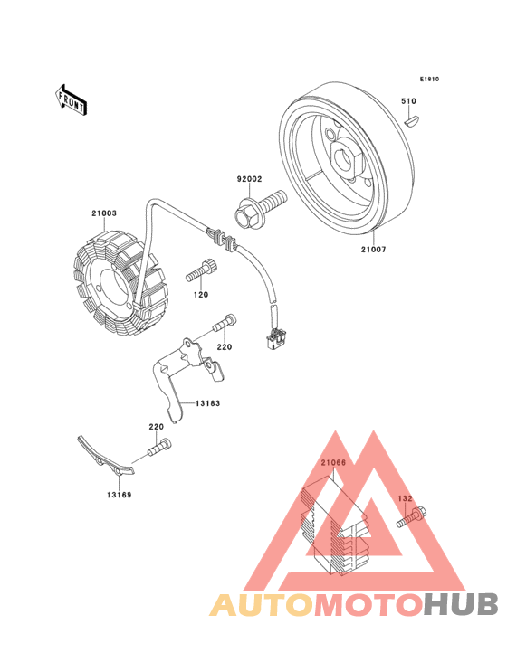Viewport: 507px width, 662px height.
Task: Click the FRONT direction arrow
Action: [x=71, y=99]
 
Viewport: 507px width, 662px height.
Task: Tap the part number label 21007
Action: [x=374, y=250]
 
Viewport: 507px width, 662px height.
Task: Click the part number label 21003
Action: [x=104, y=213]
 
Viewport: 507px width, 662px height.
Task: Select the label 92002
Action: [x=249, y=179]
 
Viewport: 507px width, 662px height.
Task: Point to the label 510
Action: [x=408, y=101]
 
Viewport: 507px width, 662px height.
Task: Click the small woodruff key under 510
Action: [x=411, y=121]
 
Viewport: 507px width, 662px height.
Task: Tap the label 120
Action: [x=201, y=295]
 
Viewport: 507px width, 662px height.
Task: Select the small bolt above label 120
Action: [x=201, y=270]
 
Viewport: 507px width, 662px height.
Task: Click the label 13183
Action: [x=208, y=403]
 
